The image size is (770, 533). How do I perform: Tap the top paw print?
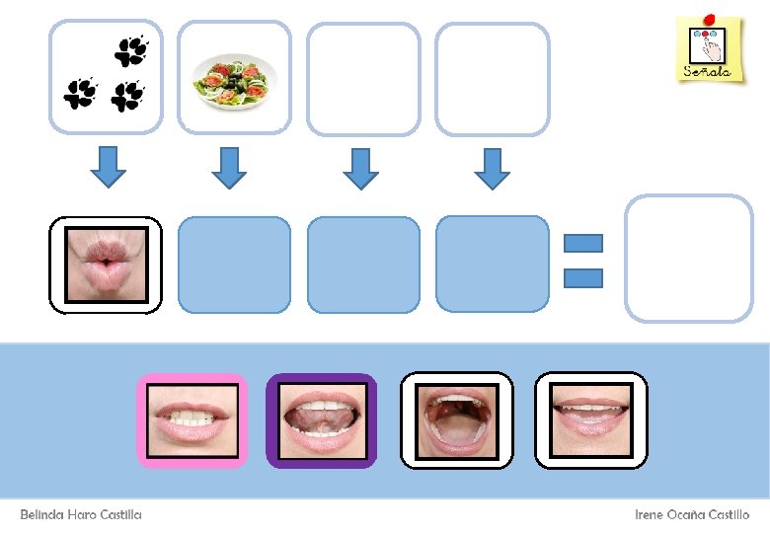point(132,50)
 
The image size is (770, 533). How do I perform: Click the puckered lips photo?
point(106,265)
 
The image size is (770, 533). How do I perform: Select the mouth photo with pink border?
point(192,420)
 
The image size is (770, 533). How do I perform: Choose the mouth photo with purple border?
point(321,420)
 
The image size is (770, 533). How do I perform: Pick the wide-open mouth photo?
point(456,420)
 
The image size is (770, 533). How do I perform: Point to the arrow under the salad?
point(230,166)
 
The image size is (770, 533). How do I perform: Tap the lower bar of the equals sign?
point(582,278)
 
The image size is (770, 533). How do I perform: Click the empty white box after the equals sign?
point(688,259)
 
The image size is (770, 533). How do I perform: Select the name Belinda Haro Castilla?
point(81,514)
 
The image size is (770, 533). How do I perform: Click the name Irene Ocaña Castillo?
point(691,514)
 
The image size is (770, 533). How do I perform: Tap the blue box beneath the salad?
point(234,265)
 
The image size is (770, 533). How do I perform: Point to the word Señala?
point(708,71)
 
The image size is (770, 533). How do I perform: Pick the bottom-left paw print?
point(80,93)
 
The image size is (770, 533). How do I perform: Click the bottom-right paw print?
point(127,96)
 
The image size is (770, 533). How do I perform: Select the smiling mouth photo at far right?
point(590,420)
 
